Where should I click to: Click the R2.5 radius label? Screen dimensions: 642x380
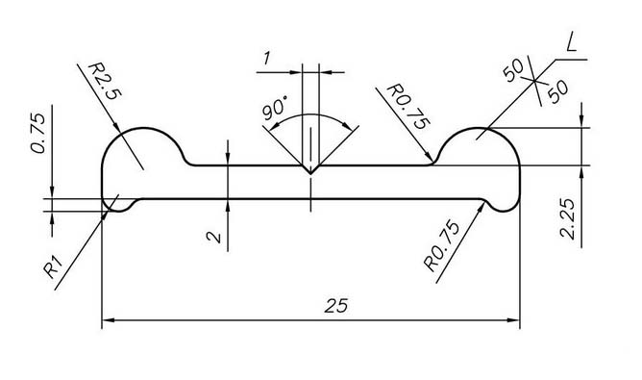tap(105, 81)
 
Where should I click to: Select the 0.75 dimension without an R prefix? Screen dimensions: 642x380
tap(38, 134)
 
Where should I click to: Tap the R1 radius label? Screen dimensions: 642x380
tap(53, 266)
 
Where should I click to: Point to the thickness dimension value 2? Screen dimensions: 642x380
tap(213, 237)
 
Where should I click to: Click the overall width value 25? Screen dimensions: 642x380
tap(336, 306)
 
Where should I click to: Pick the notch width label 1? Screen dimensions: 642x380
tap(267, 59)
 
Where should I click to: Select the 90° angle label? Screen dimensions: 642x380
tap(275, 108)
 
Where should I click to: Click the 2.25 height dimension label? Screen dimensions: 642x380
tap(567, 218)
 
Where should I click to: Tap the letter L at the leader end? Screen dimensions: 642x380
tap(572, 42)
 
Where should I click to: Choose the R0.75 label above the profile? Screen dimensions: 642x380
tap(408, 107)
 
